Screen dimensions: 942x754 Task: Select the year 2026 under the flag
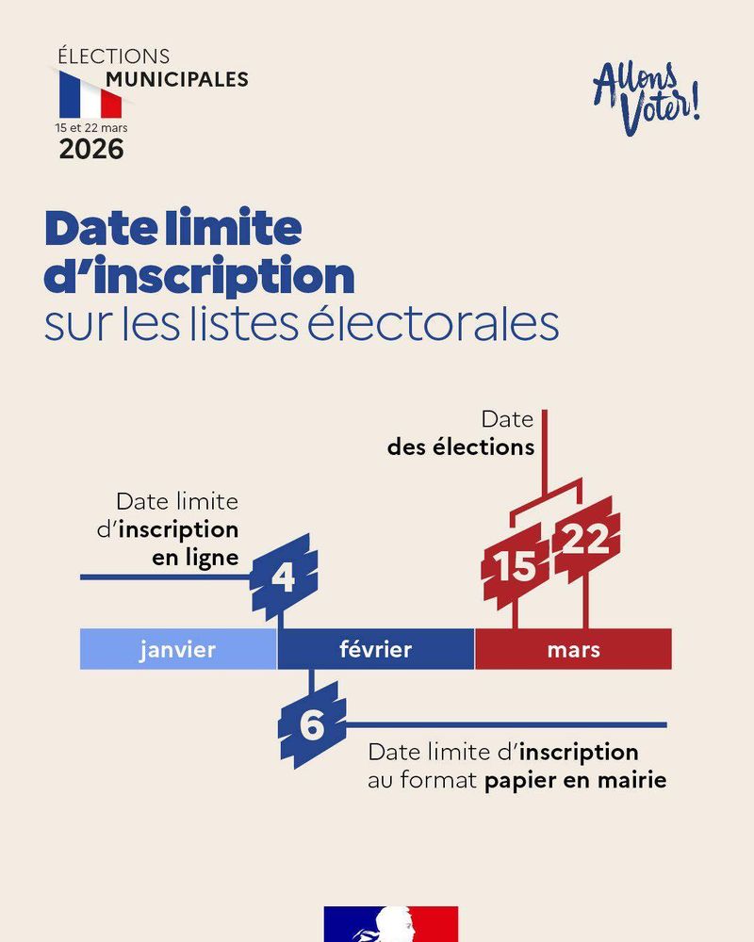pyautogui.click(x=91, y=149)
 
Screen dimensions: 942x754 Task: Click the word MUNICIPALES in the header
pyautogui.click(x=177, y=78)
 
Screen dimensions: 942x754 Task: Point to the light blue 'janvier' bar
pyautogui.click(x=178, y=649)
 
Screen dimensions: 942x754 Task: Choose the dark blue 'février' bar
pyautogui.click(x=375, y=649)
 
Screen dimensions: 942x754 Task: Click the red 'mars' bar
pyautogui.click(x=573, y=649)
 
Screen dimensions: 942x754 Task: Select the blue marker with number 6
pyautogui.click(x=312, y=725)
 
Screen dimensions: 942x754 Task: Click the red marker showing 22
pyautogui.click(x=585, y=541)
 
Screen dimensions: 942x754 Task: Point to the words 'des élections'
pyautogui.click(x=460, y=447)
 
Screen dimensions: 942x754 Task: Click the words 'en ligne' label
pyautogui.click(x=195, y=558)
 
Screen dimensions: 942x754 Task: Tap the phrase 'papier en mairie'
pyautogui.click(x=576, y=781)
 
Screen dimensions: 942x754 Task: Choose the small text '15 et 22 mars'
pyautogui.click(x=91, y=125)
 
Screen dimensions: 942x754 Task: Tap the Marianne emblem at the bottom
pyautogui.click(x=391, y=925)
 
